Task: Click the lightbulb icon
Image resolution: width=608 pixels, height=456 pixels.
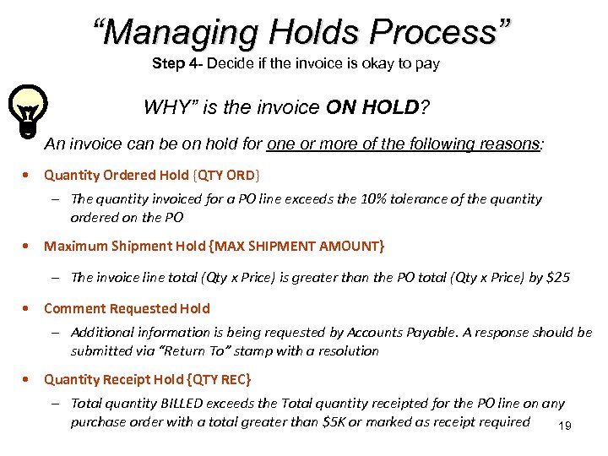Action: click(x=27, y=110)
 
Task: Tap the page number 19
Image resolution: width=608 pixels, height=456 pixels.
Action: click(x=565, y=426)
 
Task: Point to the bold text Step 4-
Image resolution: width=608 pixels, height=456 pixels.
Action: click(x=177, y=63)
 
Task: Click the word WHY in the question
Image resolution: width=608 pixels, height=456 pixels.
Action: click(x=165, y=107)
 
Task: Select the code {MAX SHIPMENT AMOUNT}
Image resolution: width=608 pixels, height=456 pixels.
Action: click(x=299, y=246)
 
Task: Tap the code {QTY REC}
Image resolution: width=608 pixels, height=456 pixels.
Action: click(x=219, y=379)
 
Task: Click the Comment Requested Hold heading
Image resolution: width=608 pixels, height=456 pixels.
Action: click(x=127, y=308)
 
